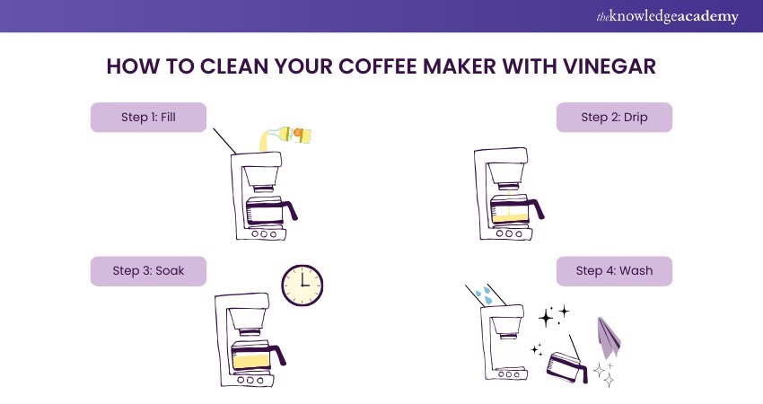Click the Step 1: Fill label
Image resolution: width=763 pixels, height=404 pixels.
[x=148, y=118]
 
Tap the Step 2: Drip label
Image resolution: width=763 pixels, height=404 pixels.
[x=614, y=118]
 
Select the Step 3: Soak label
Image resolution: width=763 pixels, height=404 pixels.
[x=148, y=271]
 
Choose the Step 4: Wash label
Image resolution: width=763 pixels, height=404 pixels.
[x=614, y=271]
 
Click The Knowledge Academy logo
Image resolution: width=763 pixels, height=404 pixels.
[x=667, y=16]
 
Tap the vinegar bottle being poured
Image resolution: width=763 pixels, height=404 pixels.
[x=290, y=135]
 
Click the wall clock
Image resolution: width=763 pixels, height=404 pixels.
[x=303, y=285]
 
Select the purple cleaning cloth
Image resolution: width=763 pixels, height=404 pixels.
[x=609, y=338]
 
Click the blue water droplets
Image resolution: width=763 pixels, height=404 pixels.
[x=483, y=294]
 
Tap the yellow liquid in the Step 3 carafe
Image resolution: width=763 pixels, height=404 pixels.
[x=251, y=361]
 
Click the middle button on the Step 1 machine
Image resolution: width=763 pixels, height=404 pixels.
[x=264, y=234]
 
